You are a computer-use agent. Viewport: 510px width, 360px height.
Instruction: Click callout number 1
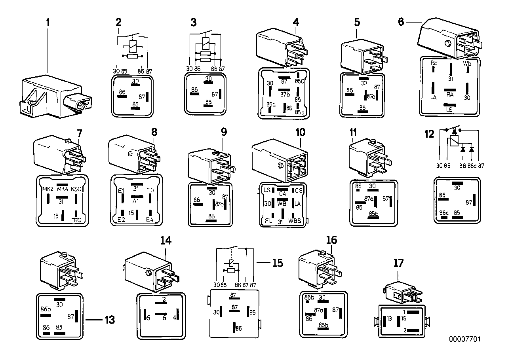click(48, 23)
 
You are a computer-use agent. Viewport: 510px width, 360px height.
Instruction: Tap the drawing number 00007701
click(464, 339)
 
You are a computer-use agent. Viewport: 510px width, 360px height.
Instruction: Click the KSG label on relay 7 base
click(76, 189)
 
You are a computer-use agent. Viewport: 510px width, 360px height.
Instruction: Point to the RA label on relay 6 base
click(450, 95)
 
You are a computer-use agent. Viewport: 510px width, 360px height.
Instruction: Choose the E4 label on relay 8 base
click(150, 219)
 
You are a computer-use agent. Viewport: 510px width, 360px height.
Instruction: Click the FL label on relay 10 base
click(269, 220)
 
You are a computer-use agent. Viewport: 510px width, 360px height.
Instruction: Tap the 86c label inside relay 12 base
click(444, 213)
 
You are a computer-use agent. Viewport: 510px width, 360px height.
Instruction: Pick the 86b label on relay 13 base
click(46, 309)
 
